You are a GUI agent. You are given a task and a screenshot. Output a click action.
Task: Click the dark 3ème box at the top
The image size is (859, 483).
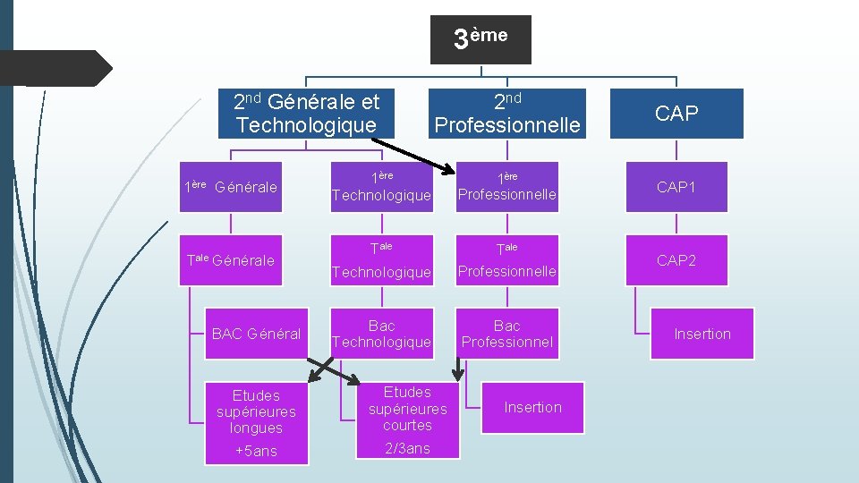[x=481, y=39]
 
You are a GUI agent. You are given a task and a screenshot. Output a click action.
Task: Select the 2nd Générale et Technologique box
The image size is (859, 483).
[x=306, y=114]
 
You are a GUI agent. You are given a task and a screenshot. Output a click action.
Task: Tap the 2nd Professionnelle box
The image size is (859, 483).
[x=507, y=114]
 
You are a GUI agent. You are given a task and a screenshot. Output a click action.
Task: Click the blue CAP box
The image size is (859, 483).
[x=676, y=114]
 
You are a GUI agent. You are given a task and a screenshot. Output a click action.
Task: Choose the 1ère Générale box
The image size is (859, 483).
[x=231, y=187]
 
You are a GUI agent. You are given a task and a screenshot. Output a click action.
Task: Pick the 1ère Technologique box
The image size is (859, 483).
[x=381, y=187]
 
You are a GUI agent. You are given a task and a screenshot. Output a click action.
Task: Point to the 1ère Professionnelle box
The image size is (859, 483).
[x=507, y=187]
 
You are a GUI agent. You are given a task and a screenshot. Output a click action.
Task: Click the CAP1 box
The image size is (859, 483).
[x=676, y=187]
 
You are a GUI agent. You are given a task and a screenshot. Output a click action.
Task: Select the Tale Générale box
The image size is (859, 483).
[x=231, y=260]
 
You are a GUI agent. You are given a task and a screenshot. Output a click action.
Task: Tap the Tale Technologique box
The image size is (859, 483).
[x=381, y=260]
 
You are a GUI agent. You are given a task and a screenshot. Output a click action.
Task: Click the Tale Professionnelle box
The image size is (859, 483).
[x=507, y=260]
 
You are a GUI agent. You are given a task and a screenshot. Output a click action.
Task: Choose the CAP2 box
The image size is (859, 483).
[x=676, y=260]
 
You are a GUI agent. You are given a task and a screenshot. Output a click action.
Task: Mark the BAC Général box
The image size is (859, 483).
[x=256, y=334]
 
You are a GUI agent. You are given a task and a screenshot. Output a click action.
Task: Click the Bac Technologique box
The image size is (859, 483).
[x=381, y=334]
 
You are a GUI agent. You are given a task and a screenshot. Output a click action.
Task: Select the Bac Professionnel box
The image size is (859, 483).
[x=507, y=334]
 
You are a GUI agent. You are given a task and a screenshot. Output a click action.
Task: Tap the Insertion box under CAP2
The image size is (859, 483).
[x=702, y=334]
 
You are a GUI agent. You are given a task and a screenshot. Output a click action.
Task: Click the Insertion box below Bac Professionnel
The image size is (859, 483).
[x=533, y=407]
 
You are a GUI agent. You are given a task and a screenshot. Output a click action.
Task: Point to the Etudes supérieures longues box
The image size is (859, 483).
[x=256, y=411]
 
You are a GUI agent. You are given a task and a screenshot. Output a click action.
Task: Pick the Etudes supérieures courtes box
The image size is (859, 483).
[x=407, y=408]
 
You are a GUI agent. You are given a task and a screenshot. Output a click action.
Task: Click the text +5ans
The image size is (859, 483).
[x=256, y=451]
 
